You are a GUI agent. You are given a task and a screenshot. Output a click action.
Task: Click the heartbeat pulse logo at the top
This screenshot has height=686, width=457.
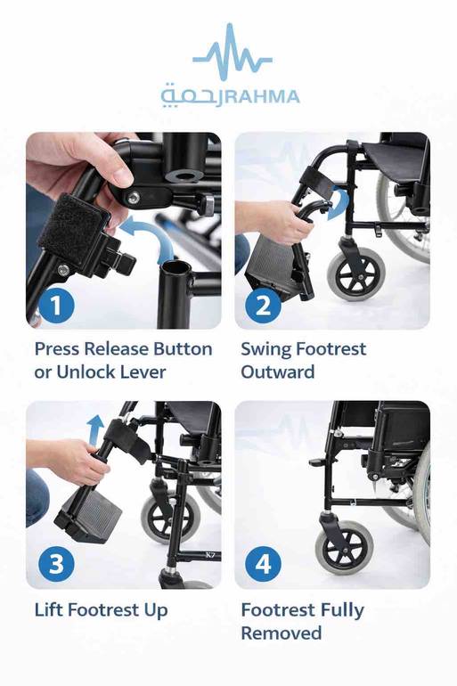[233, 52]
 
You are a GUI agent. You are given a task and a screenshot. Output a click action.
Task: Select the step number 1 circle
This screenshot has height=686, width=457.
[56, 306]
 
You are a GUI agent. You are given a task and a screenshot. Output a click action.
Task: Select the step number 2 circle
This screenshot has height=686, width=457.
[263, 306]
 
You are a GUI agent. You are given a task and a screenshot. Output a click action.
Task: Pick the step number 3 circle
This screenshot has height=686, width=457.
[56, 563]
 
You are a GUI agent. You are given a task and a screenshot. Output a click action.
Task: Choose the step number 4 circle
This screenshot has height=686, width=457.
[263, 563]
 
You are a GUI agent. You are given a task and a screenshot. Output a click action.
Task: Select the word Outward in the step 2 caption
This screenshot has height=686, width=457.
[278, 372]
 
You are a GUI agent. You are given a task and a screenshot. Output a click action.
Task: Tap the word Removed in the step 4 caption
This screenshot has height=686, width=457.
[282, 633]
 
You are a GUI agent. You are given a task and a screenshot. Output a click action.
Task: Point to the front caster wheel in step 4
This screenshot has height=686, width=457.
[344, 547]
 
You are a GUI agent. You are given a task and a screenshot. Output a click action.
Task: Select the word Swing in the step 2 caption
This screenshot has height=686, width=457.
[266, 350]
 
